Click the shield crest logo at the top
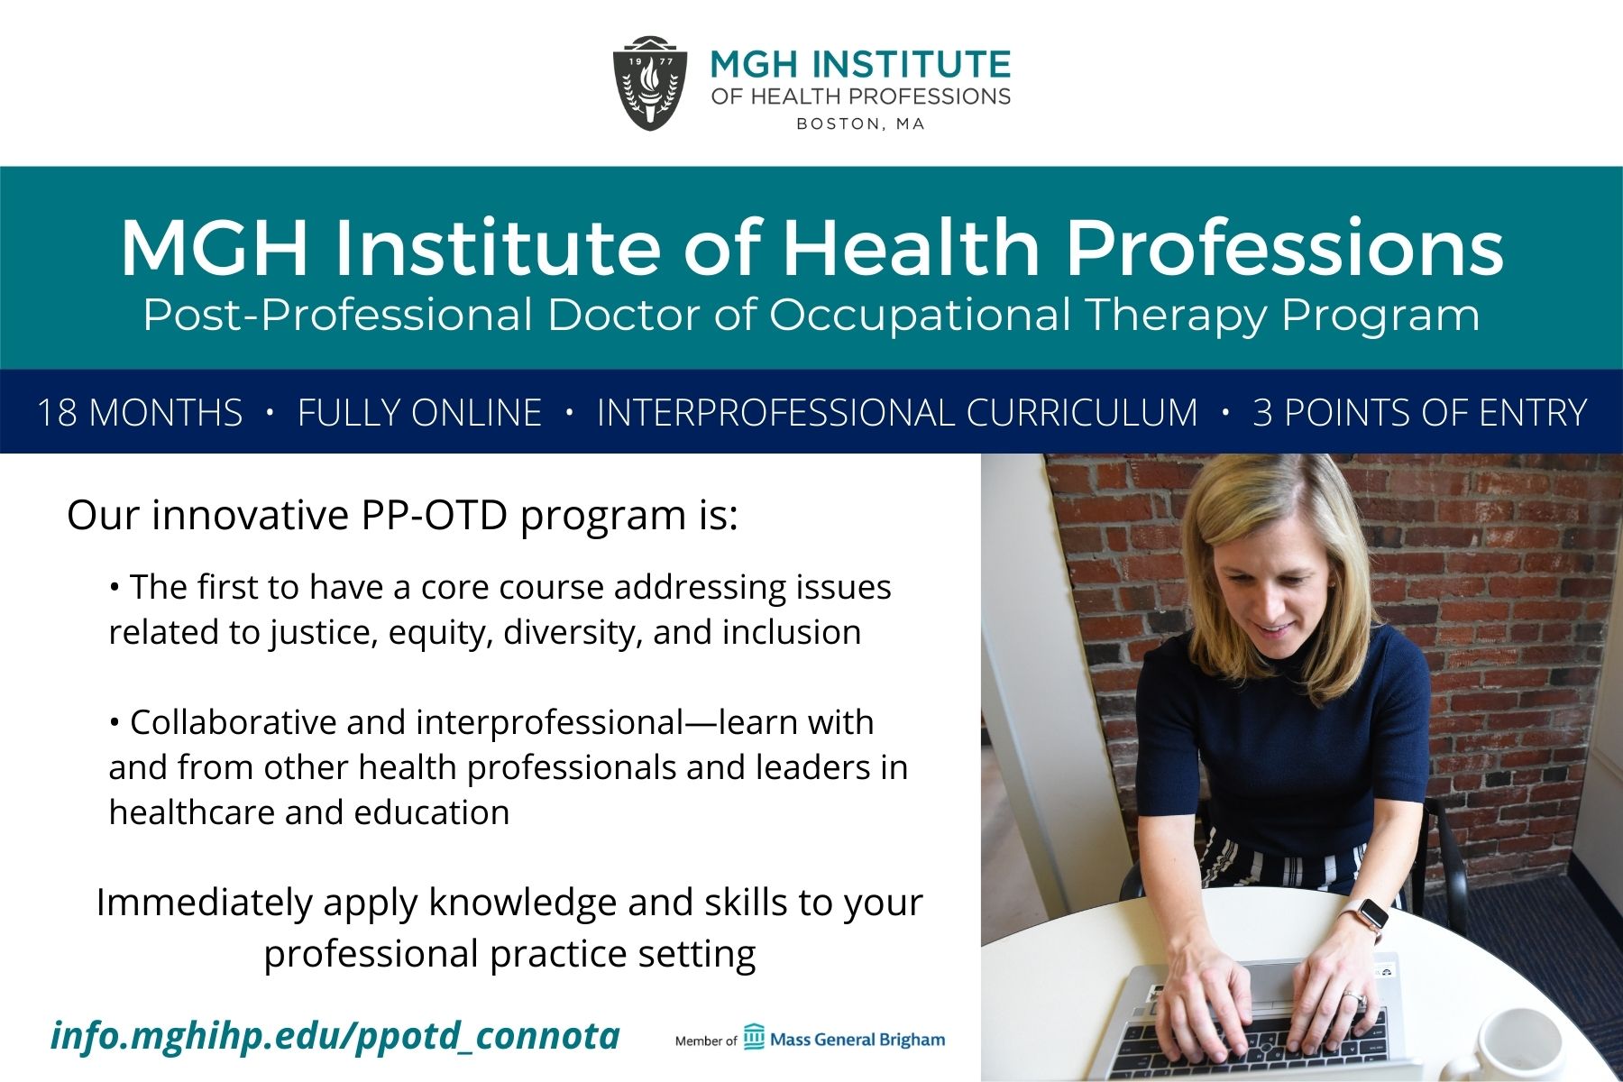pos(650,84)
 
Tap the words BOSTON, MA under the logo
pos(860,124)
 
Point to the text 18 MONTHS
pos(140,413)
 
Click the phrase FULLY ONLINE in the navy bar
pos(419,413)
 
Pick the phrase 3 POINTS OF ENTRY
pos(1419,413)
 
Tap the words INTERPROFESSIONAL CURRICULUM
pos(897,413)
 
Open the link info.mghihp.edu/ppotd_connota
pos(335,1036)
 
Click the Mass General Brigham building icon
pos(754,1037)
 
